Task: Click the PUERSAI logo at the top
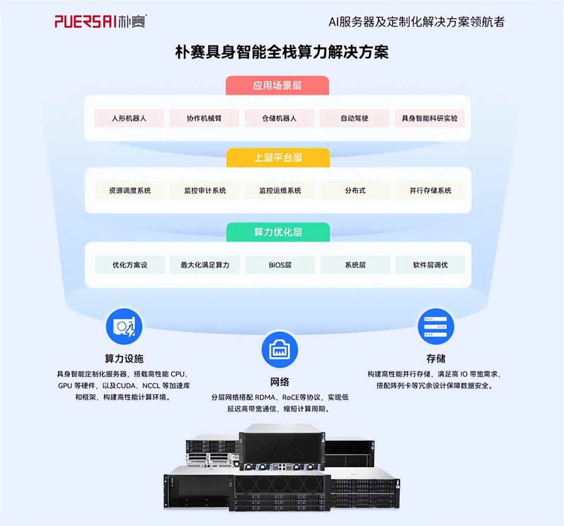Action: [100, 21]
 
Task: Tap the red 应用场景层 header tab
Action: [277, 85]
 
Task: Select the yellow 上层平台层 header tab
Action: [278, 158]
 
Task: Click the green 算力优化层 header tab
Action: [278, 232]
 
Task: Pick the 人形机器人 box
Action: [129, 118]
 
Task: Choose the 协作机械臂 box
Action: [204, 118]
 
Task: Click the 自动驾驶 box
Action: [354, 118]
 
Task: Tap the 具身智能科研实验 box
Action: [430, 118]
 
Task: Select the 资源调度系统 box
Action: [130, 191]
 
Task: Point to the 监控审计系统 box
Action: [205, 191]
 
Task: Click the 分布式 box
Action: [355, 191]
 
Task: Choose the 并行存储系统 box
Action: [430, 191]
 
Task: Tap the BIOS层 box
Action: [280, 265]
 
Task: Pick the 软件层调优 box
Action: [430, 265]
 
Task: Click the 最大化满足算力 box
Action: [205, 265]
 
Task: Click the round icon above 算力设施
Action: [124, 327]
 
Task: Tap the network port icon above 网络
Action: [280, 349]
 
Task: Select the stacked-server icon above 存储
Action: [435, 327]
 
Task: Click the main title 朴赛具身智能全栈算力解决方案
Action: [282, 52]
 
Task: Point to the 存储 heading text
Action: [435, 358]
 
